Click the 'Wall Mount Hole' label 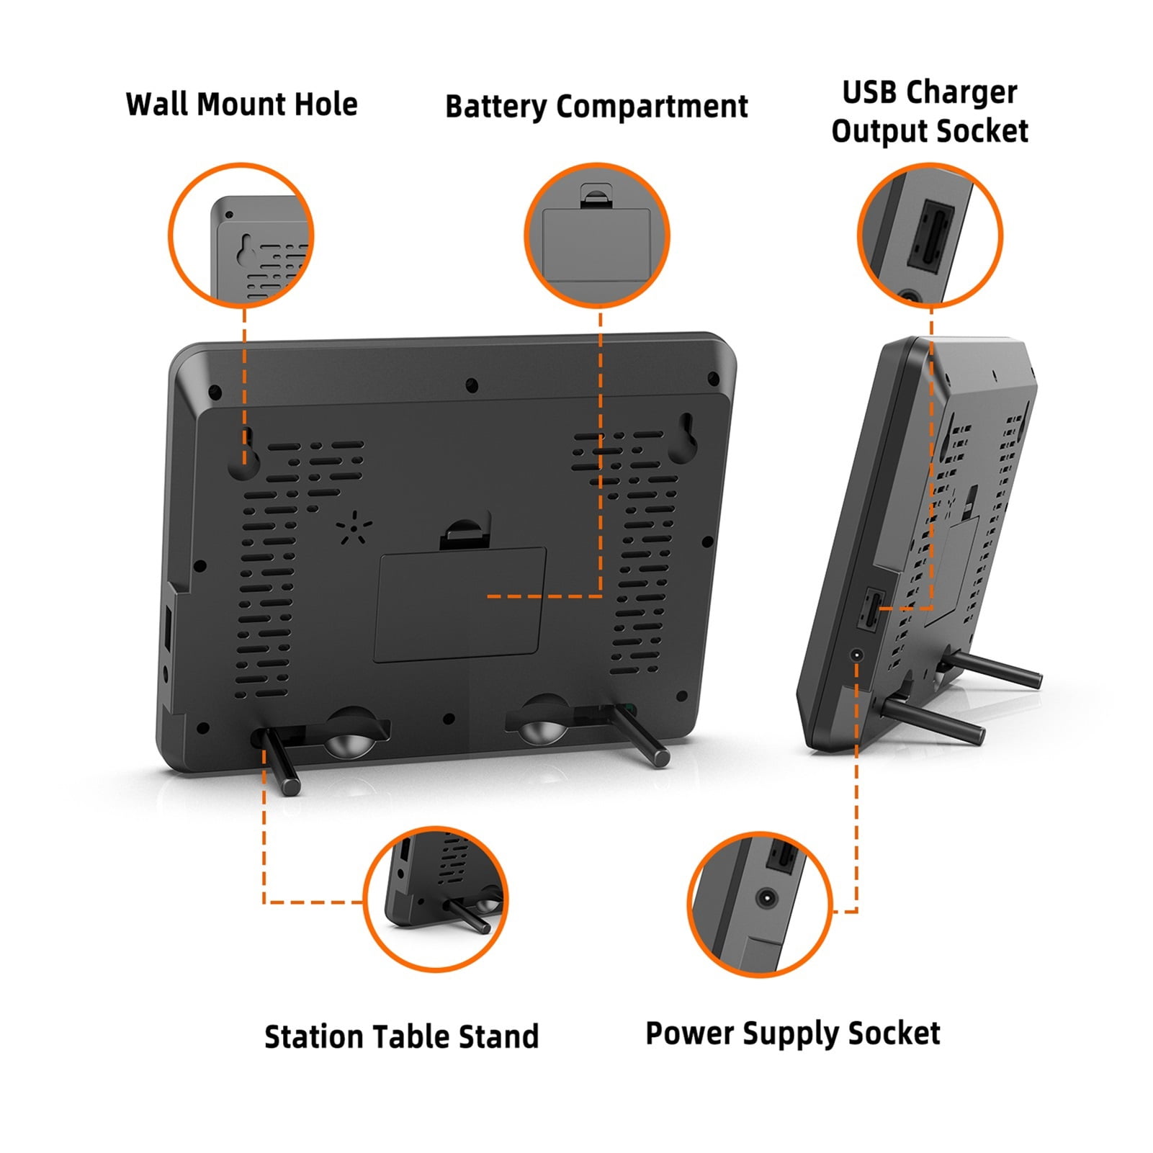click(x=241, y=104)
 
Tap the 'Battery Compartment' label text click(x=596, y=107)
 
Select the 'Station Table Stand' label click(x=401, y=1037)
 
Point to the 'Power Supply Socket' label click(x=793, y=1034)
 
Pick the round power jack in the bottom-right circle click(x=766, y=899)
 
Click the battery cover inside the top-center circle click(x=596, y=246)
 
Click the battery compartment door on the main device click(x=459, y=604)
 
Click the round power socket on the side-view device click(x=857, y=655)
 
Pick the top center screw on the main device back click(x=472, y=385)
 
